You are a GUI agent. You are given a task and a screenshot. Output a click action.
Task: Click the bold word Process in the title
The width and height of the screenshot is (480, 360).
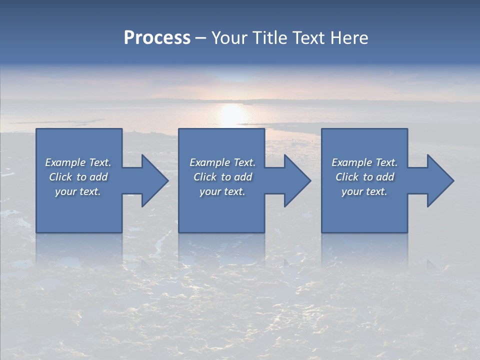point(157,38)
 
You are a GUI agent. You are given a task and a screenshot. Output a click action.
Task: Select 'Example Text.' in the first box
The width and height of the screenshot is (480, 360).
point(78,162)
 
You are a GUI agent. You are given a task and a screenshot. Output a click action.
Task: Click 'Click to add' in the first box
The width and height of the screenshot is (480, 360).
point(78,177)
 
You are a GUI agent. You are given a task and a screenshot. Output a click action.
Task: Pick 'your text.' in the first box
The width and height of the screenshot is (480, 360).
point(78,191)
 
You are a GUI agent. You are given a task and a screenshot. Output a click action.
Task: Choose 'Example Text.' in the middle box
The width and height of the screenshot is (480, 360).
point(222,162)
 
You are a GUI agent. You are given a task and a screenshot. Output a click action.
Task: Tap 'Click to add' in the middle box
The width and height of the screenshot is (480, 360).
point(222,177)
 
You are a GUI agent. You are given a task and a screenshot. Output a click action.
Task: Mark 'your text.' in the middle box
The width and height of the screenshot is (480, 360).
point(222,191)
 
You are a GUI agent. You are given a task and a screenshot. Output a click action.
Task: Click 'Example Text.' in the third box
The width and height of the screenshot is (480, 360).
point(364,162)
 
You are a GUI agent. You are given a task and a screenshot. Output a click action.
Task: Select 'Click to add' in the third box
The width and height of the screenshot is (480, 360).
point(364,177)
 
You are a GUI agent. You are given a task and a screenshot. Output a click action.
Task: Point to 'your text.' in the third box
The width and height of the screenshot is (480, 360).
point(364,191)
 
